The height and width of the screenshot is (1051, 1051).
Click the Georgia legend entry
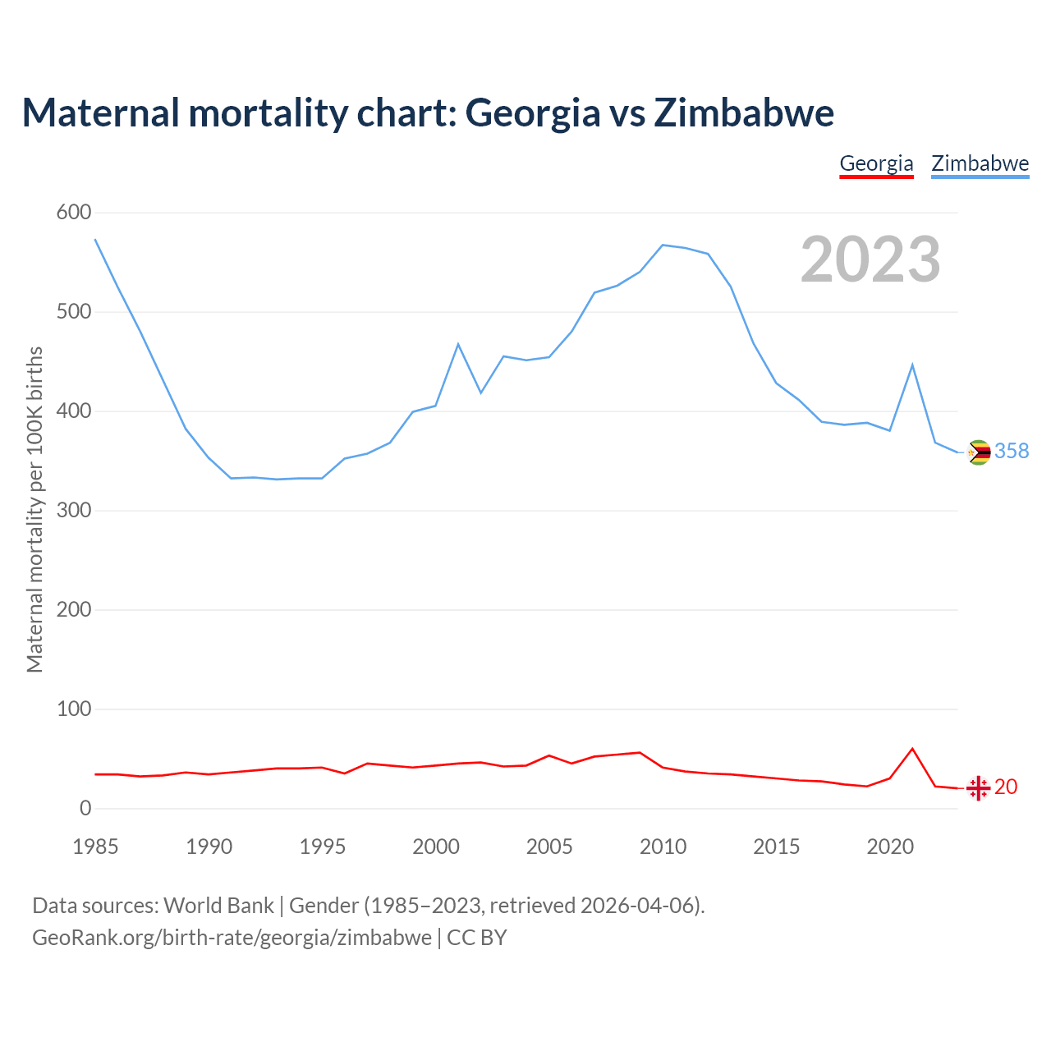pyautogui.click(x=876, y=163)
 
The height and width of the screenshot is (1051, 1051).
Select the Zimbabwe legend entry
pyautogui.click(x=980, y=163)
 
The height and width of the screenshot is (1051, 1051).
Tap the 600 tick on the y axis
pyautogui.click(x=74, y=213)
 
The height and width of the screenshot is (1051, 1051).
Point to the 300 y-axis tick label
pyautogui.click(x=74, y=511)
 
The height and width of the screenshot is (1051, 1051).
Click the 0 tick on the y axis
pyautogui.click(x=85, y=809)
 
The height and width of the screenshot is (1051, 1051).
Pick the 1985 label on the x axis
pyautogui.click(x=95, y=847)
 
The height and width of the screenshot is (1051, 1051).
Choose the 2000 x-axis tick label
pyautogui.click(x=436, y=847)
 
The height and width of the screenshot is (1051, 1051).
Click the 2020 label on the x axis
pyautogui.click(x=890, y=847)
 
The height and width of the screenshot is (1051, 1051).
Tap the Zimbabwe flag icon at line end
pyautogui.click(x=979, y=452)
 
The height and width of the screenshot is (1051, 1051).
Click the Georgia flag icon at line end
pyautogui.click(x=978, y=788)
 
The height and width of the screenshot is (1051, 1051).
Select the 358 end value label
pyautogui.click(x=1012, y=452)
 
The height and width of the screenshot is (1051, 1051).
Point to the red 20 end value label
pyautogui.click(x=1006, y=787)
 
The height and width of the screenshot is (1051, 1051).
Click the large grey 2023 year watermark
pyautogui.click(x=870, y=259)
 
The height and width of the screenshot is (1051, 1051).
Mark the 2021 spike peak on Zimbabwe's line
pyautogui.click(x=912, y=365)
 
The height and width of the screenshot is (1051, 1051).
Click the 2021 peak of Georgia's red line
pyautogui.click(x=912, y=749)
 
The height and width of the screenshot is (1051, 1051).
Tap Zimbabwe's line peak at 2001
pyautogui.click(x=458, y=344)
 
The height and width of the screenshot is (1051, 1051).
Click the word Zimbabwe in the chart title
pyautogui.click(x=744, y=112)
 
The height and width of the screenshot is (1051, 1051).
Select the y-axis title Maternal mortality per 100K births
pyautogui.click(x=34, y=509)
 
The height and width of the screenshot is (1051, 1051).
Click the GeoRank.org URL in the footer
pyautogui.click(x=232, y=938)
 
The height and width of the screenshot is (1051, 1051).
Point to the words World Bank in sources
pyautogui.click(x=218, y=906)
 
